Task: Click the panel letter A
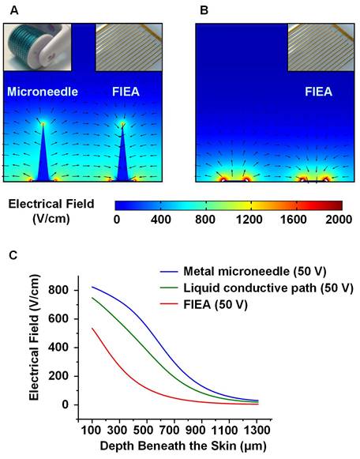click(10, 10)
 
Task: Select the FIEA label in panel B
click(319, 92)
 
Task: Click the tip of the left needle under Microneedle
click(43, 123)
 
